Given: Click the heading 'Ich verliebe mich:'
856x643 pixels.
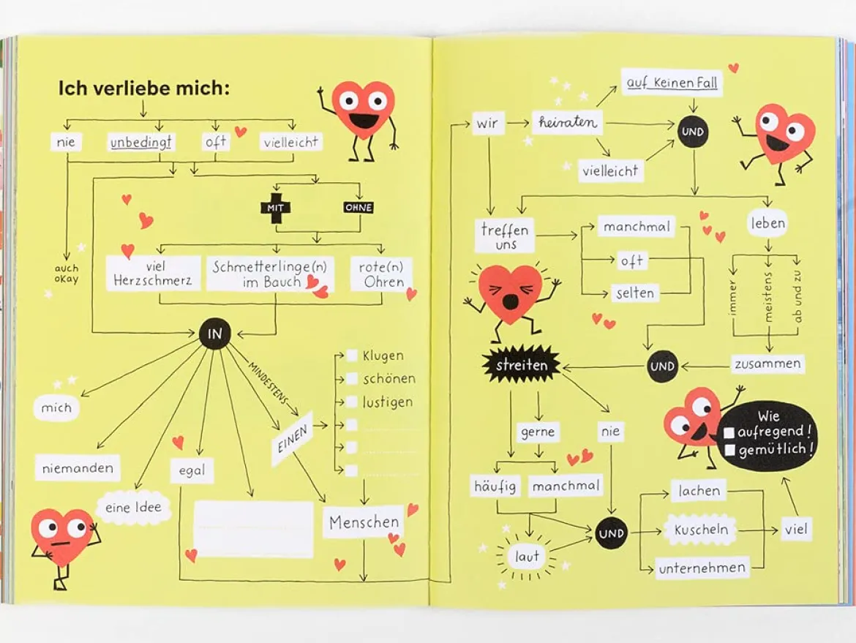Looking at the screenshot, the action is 144,88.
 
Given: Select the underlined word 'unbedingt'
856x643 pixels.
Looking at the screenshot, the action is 141,143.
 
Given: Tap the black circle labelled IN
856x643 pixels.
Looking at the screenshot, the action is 214,334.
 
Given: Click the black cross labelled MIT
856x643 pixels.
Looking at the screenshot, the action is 275,208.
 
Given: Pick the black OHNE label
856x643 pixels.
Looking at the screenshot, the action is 358,208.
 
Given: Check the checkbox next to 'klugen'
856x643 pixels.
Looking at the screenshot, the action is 352,356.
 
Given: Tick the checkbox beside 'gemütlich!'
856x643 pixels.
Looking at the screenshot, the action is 729,451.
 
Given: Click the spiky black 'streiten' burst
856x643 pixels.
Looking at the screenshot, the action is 522,364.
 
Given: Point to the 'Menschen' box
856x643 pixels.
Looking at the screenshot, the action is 364,522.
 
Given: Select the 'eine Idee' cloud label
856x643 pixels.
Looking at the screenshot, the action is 133,508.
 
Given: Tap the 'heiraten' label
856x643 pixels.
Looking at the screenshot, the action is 568,121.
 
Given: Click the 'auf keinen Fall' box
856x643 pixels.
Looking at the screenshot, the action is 672,83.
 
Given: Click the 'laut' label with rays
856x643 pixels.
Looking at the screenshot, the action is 527,557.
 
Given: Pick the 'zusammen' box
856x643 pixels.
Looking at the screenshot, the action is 767,364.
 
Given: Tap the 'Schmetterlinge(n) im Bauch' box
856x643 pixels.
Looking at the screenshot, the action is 270,274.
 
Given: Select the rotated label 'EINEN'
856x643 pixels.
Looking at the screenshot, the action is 293,438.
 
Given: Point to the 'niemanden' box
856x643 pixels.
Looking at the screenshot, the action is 78,467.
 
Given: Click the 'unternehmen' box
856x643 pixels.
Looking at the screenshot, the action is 702,568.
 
